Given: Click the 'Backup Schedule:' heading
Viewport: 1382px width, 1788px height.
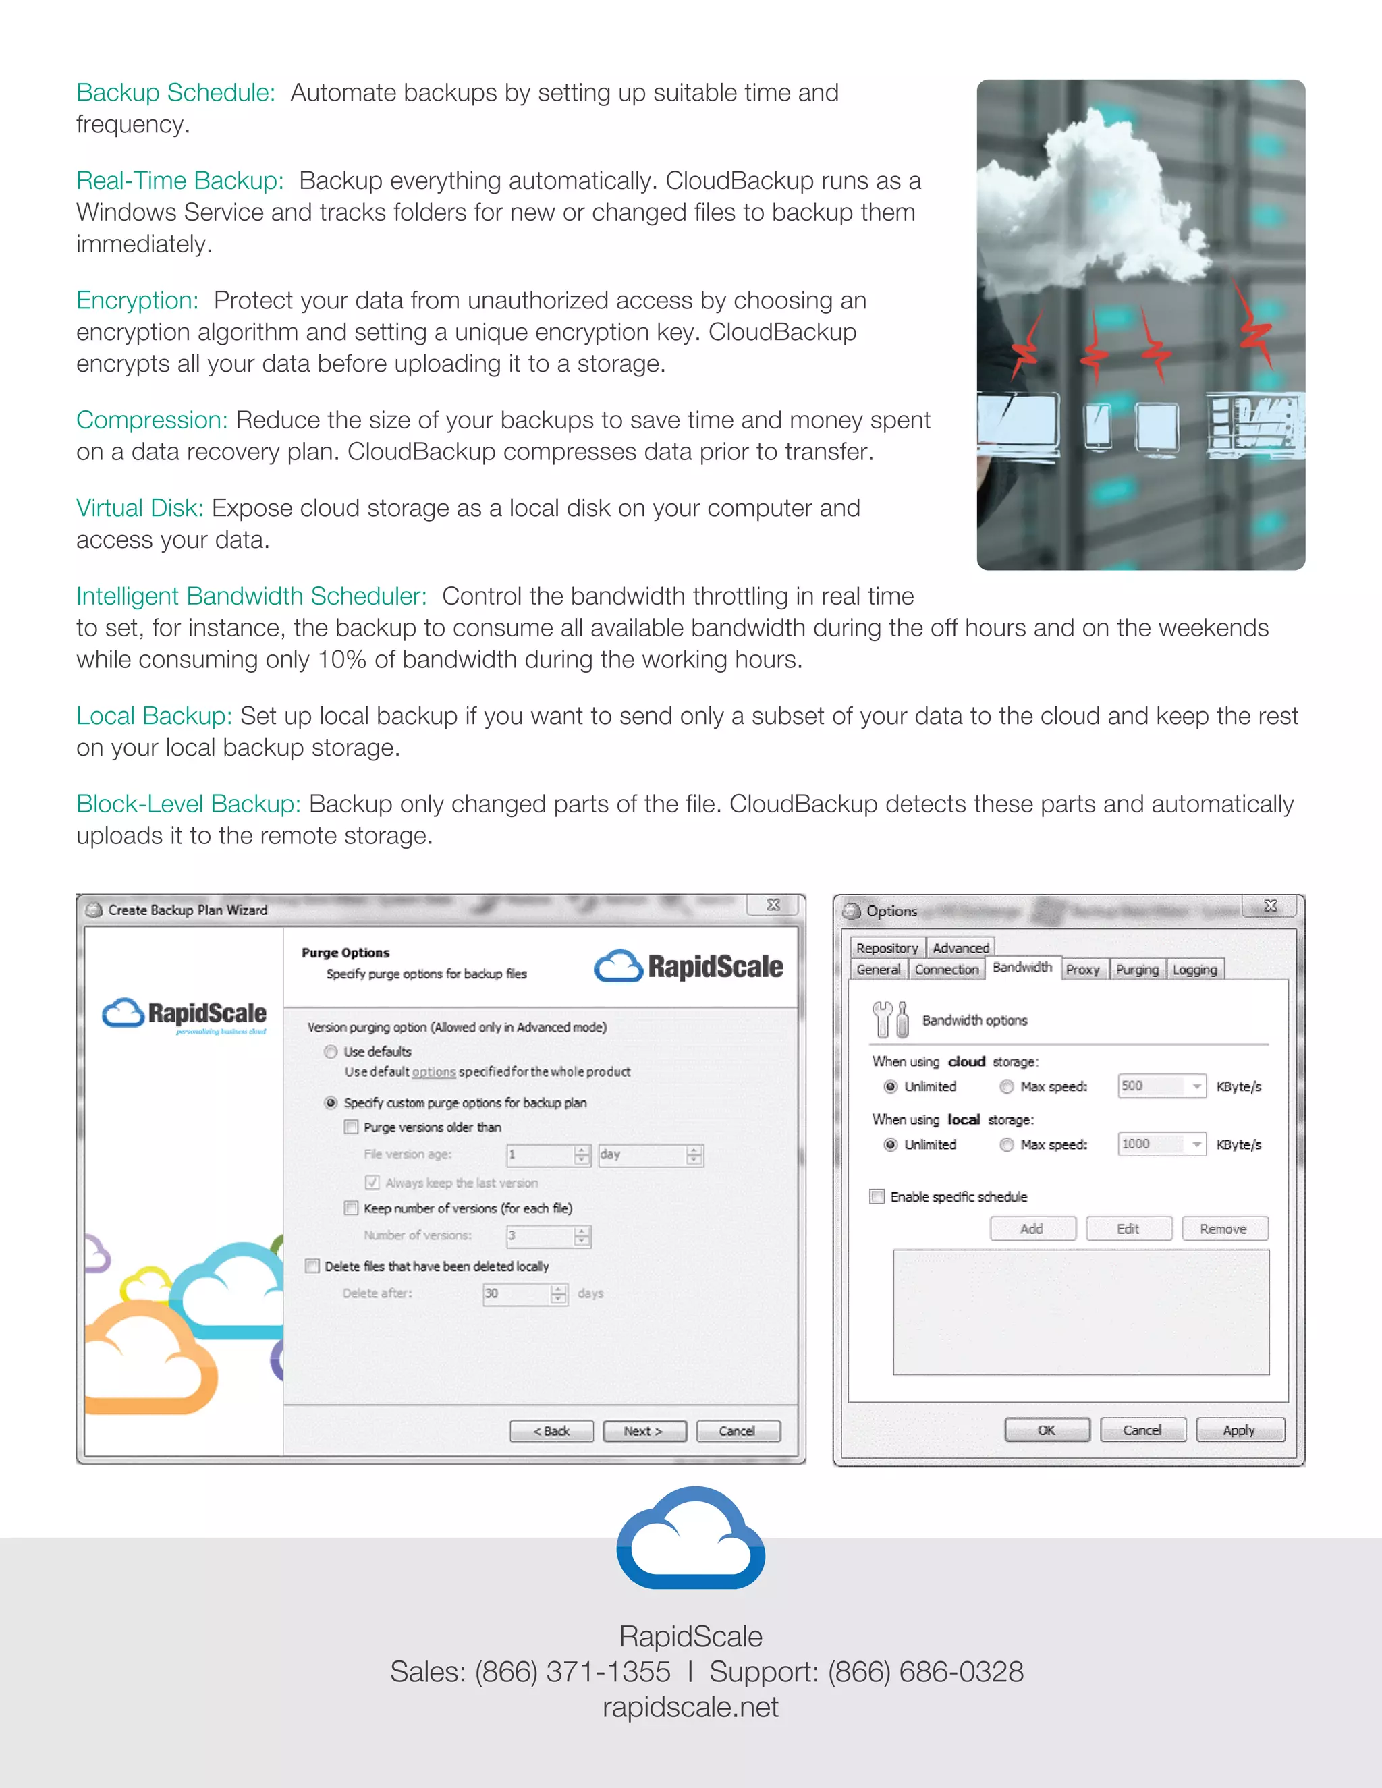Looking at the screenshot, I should point(175,92).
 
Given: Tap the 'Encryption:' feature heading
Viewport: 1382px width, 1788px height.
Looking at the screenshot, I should point(138,300).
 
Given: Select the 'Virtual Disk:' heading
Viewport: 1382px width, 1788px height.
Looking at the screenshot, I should point(139,509).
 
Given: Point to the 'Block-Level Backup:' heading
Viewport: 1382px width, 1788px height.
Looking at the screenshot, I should point(188,804).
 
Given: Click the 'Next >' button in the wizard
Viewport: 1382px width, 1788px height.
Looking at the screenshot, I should point(644,1431).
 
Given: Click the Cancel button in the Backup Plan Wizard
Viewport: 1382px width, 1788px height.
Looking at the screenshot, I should point(738,1431).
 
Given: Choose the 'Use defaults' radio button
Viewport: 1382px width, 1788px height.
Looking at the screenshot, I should point(331,1052).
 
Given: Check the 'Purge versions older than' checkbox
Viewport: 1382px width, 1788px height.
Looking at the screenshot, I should point(351,1127).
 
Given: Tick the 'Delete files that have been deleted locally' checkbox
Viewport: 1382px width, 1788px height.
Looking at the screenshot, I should point(312,1266).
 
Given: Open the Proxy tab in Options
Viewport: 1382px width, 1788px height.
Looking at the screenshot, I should point(1082,970).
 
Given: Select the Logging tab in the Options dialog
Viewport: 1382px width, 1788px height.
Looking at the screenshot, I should point(1194,970).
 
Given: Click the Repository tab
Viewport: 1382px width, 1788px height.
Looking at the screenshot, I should point(887,948).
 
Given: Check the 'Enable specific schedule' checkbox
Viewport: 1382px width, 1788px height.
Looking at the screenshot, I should point(877,1197).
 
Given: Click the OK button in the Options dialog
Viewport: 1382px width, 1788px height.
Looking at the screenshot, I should point(1047,1430).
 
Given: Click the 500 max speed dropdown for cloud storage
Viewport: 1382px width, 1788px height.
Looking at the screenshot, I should point(1161,1086).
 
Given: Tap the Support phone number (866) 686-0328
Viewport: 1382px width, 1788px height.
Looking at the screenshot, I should point(925,1672).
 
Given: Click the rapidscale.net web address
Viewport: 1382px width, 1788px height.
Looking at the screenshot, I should point(690,1707).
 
